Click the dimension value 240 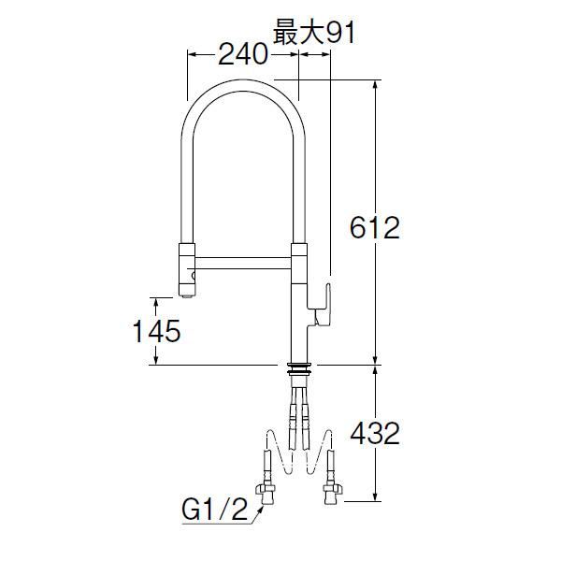pyautogui.click(x=242, y=55)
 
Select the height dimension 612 pyautogui.click(x=373, y=227)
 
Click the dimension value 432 pyautogui.click(x=374, y=433)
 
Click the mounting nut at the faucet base pyautogui.click(x=299, y=368)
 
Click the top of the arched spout pyautogui.click(x=244, y=86)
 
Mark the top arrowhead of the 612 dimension pyautogui.click(x=376, y=85)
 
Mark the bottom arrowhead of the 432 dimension pyautogui.click(x=376, y=500)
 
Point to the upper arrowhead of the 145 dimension pyautogui.click(x=152, y=299)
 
